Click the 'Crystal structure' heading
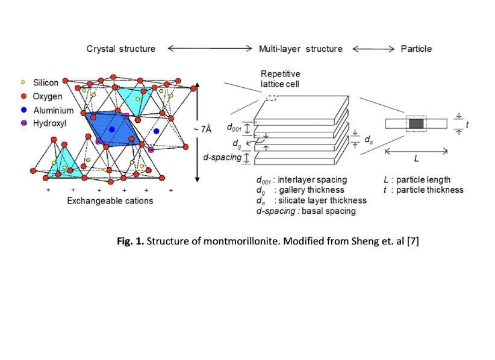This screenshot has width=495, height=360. pos(120,49)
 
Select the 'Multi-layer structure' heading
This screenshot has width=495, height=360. pos(300,49)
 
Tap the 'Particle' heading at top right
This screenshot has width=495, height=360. pos(416,49)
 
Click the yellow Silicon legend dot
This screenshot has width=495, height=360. pos(23,83)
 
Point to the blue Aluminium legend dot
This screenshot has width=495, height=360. pos(23,110)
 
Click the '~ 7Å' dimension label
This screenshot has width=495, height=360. pos(202,129)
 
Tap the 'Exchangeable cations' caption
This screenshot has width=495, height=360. pos(110,200)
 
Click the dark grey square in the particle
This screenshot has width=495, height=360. pos(416,123)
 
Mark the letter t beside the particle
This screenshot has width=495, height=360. pos(467,124)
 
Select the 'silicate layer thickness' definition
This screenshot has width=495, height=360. pos(320,200)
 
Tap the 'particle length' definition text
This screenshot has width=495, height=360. pos(423,180)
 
